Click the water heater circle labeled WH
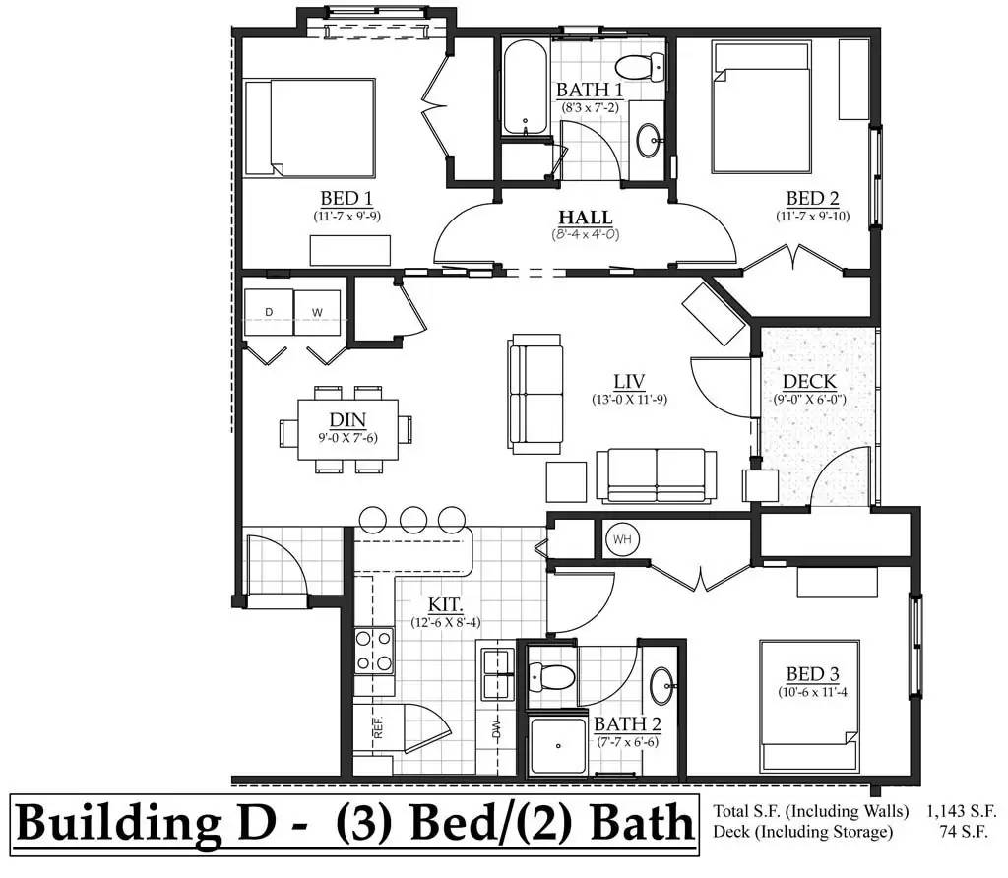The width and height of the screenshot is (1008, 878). pos(622,539)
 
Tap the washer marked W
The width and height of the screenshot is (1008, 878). pos(318,312)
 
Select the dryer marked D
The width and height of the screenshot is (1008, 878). pos(269,312)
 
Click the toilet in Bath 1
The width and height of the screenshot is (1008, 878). pos(640,66)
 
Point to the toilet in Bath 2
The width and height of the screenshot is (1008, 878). pos(551,677)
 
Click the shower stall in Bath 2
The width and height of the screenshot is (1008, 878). pos(558,745)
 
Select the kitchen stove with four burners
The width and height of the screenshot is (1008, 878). pos(374,650)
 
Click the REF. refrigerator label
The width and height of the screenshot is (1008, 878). pos(378,726)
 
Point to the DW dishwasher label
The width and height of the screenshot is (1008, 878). pos(496,729)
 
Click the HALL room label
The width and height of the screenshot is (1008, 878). pos(585,218)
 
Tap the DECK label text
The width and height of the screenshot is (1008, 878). pos(809,382)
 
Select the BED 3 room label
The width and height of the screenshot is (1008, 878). pos(812,674)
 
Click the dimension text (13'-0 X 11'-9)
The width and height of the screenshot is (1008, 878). pos(629,400)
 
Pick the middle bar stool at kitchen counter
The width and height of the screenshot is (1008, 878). pos(413,520)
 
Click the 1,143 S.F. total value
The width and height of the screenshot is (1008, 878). pos(961,811)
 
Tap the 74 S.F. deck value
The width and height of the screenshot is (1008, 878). pos(963,831)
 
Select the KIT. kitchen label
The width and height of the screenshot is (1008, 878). pos(446,604)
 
